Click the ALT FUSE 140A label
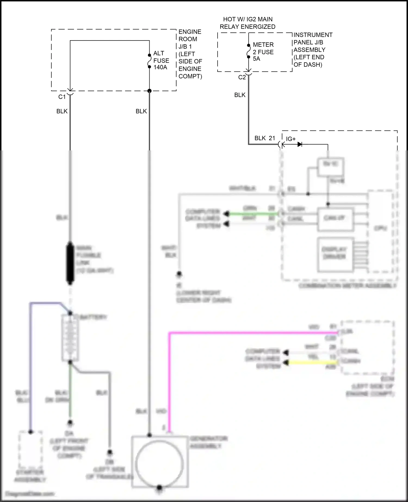[161, 60]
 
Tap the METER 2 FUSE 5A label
[263, 52]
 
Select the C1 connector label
[62, 97]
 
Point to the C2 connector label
[242, 78]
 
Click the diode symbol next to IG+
[300, 144]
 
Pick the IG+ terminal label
[290, 139]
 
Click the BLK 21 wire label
[265, 138]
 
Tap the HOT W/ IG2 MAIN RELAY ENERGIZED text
[247, 23]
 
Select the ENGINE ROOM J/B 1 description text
[190, 54]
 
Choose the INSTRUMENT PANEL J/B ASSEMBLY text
[313, 50]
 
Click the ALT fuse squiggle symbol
[149, 61]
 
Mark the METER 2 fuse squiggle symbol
[248, 51]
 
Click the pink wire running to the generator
[245, 333]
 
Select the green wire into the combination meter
[253, 214]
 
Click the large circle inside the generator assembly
[159, 462]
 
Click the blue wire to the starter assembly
[30, 367]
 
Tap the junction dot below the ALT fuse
[149, 91]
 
